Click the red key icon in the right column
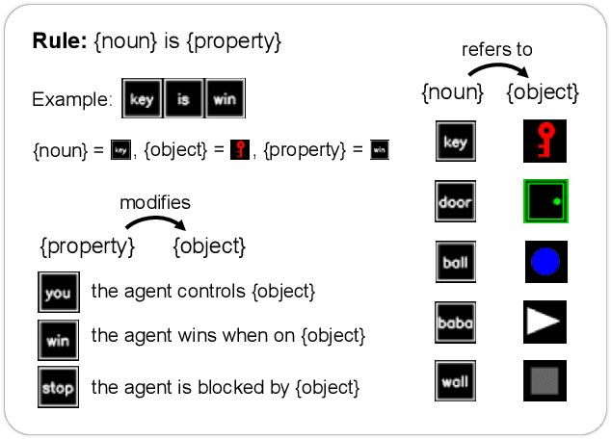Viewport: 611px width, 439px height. (x=545, y=142)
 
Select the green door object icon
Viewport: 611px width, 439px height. (x=545, y=201)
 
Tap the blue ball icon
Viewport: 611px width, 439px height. (x=545, y=261)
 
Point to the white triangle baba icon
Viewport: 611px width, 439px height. (x=545, y=322)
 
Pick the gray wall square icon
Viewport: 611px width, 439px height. (x=545, y=380)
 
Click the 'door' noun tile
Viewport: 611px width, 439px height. (x=455, y=201)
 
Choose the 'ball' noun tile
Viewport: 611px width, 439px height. (x=455, y=261)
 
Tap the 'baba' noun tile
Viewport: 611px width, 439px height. (x=455, y=322)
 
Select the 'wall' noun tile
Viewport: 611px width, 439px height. (x=455, y=380)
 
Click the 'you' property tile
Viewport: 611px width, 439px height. (x=58, y=292)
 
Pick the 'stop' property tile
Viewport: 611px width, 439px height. (x=58, y=388)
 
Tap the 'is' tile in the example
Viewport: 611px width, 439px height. (x=184, y=99)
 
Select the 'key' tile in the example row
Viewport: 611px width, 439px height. (x=142, y=99)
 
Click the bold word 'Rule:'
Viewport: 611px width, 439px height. (x=61, y=42)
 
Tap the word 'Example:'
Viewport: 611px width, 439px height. (x=68, y=99)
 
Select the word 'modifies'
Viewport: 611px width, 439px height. (x=155, y=202)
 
